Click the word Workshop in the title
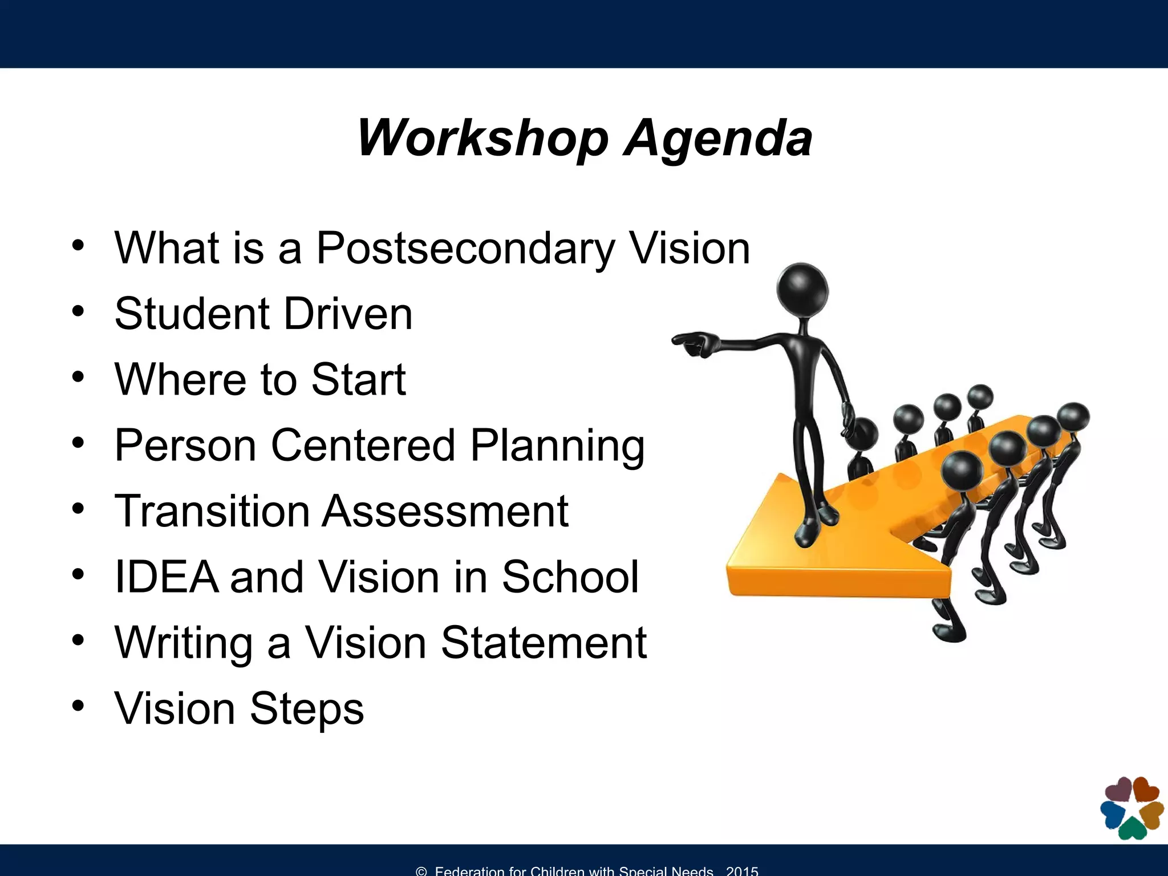[x=483, y=138]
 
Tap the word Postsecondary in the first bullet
[x=465, y=249]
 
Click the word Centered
[x=363, y=445]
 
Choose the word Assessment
[x=445, y=511]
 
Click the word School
[x=570, y=577]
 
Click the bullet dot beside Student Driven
[x=78, y=311]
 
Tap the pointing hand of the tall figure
[x=692, y=344]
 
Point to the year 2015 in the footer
[x=742, y=871]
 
